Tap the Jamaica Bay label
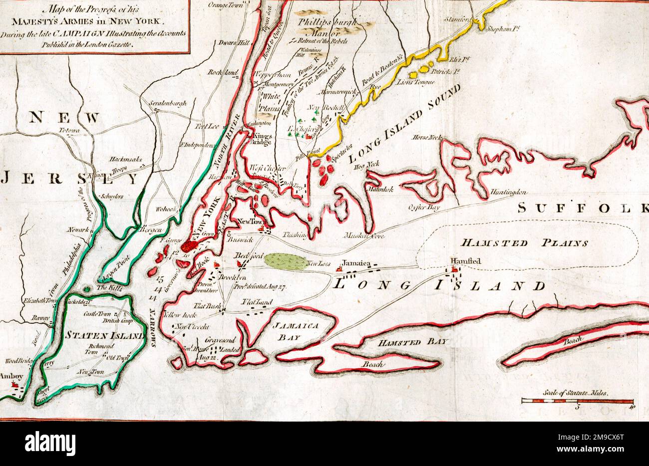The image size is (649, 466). pyautogui.click(x=296, y=331)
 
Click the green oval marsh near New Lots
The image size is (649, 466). pyautogui.click(x=285, y=261)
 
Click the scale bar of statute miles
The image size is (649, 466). pyautogui.click(x=578, y=401)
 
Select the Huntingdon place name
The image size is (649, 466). pyautogui.click(x=508, y=192)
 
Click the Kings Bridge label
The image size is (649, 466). pyautogui.click(x=261, y=139)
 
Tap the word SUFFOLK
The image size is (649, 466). pyautogui.click(x=582, y=208)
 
